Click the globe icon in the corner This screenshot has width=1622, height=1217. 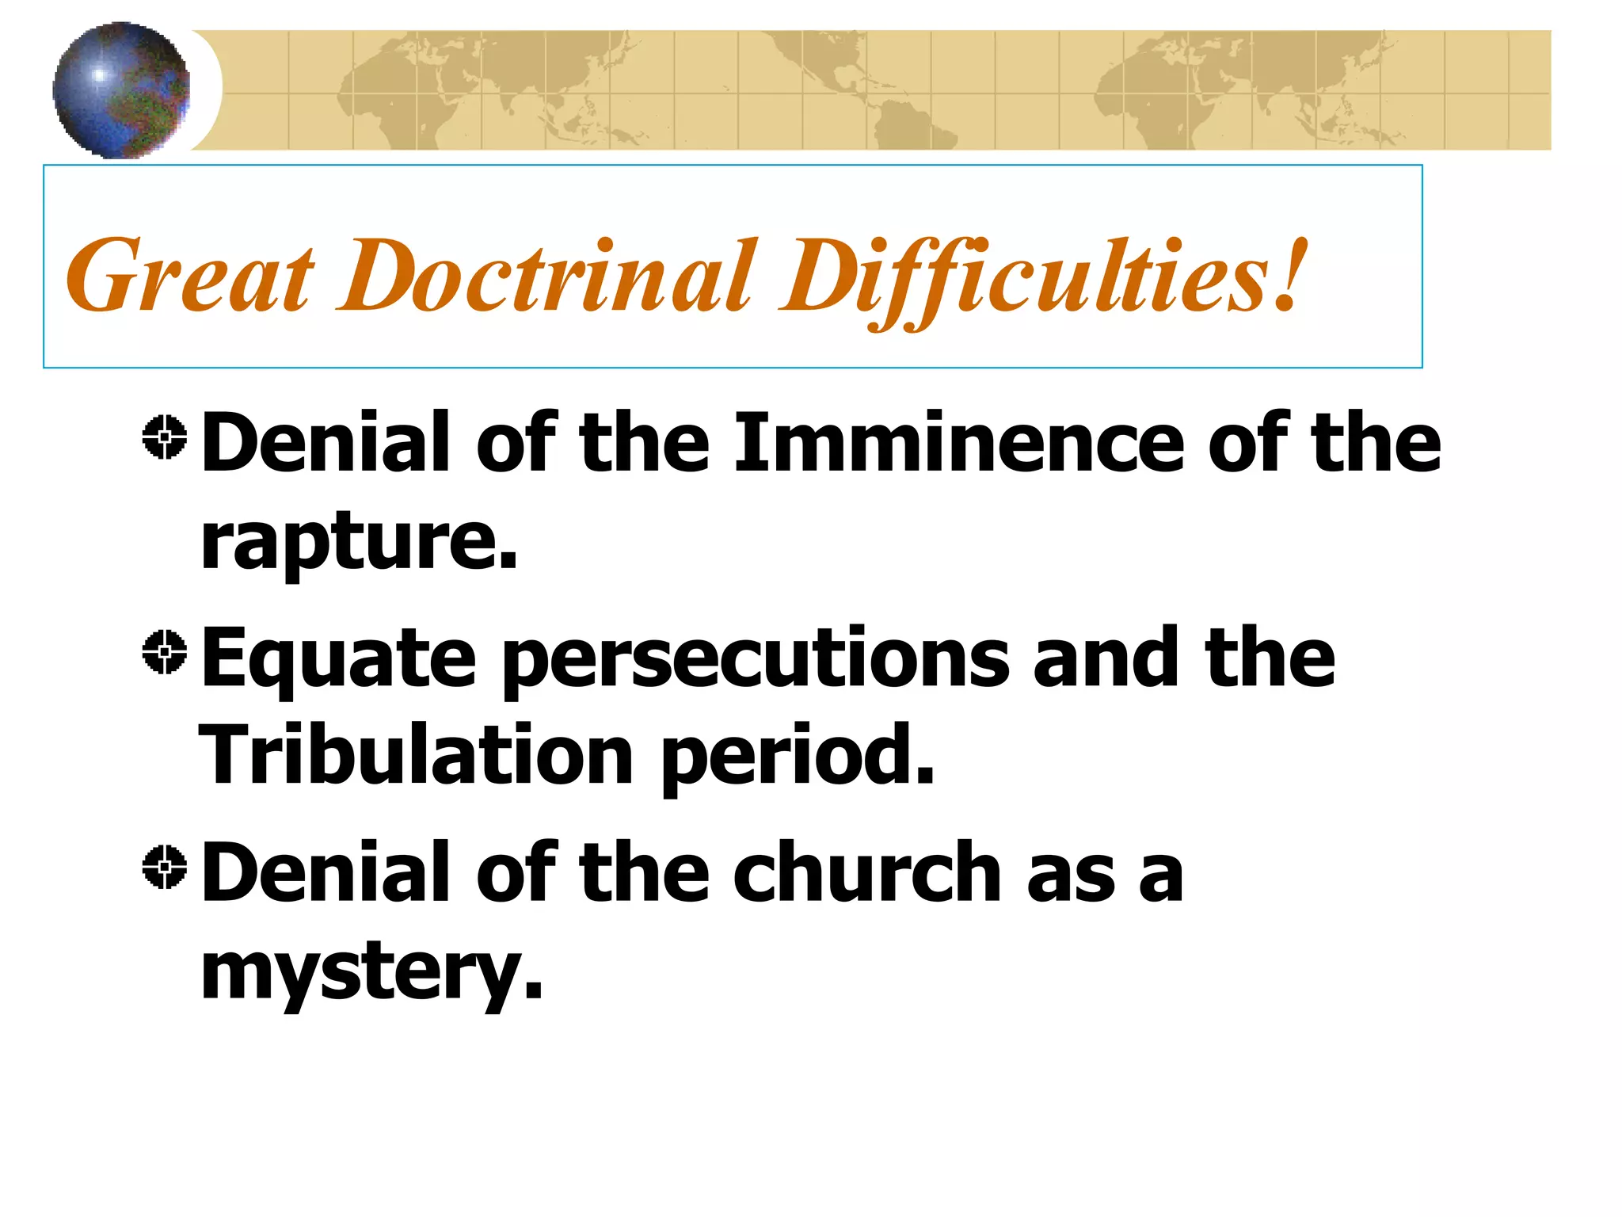[x=121, y=90]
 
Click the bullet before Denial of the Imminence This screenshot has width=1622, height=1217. [x=165, y=437]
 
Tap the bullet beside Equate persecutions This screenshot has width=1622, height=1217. [x=165, y=652]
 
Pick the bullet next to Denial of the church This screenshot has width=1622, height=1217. [x=165, y=867]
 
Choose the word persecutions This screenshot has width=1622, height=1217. [x=756, y=660]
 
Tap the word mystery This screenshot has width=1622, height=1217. [x=371, y=973]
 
